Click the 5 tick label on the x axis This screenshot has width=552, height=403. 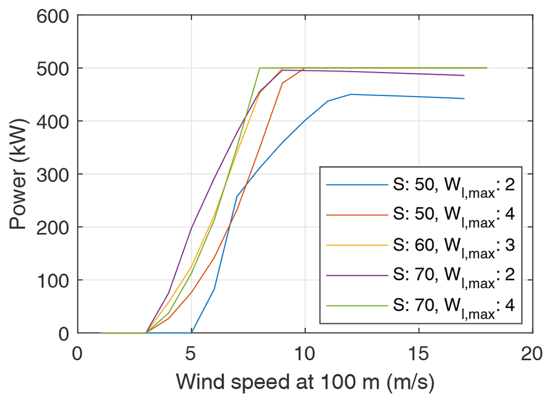click(191, 353)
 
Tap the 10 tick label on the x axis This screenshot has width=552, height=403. click(305, 353)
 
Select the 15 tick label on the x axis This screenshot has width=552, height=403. click(418, 353)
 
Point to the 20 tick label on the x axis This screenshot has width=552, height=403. click(532, 353)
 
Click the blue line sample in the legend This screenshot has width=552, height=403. click(356, 185)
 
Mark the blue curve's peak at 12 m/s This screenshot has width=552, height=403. click(351, 94)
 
